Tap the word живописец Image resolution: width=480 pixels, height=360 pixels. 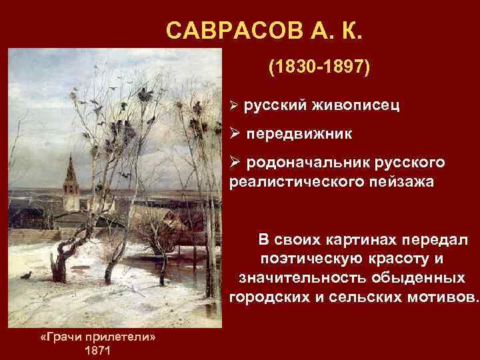[355, 105]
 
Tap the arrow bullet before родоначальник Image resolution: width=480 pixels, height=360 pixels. [235, 163]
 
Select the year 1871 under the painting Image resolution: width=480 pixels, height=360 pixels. [98, 351]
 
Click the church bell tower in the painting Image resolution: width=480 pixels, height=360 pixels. [69, 179]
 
